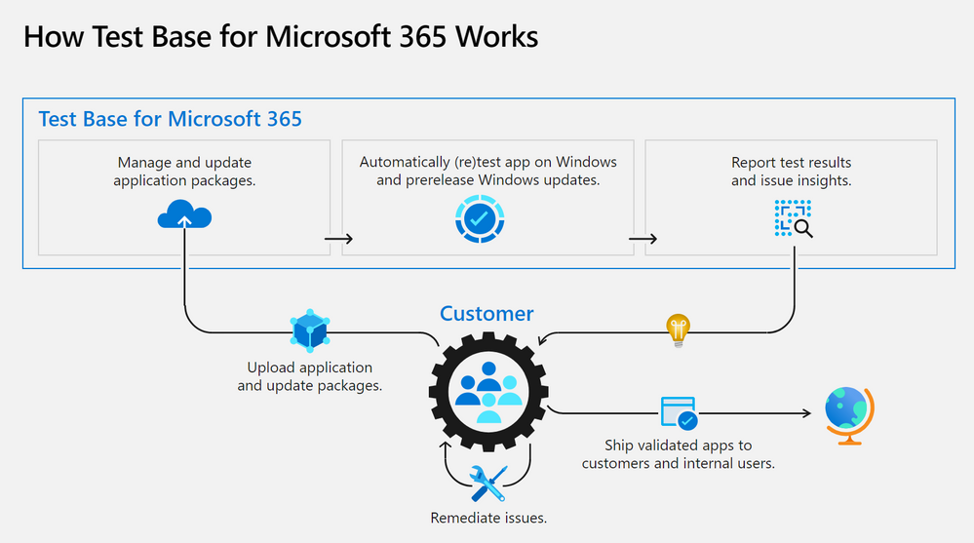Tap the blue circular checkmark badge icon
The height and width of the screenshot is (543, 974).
(x=479, y=220)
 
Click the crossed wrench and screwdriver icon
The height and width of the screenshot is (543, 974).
(x=488, y=483)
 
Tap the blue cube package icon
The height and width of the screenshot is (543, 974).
(x=310, y=332)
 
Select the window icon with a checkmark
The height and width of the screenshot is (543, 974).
(x=679, y=413)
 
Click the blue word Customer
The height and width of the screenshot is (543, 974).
(x=487, y=313)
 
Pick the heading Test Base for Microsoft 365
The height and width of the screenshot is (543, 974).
(x=170, y=119)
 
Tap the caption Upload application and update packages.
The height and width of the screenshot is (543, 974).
(x=310, y=376)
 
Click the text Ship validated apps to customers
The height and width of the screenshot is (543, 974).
(x=679, y=454)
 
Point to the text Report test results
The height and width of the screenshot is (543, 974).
(x=791, y=163)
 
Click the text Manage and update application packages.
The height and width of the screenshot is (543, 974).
(x=184, y=172)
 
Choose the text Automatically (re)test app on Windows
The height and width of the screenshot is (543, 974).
(x=487, y=163)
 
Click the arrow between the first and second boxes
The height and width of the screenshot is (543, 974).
(x=337, y=238)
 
